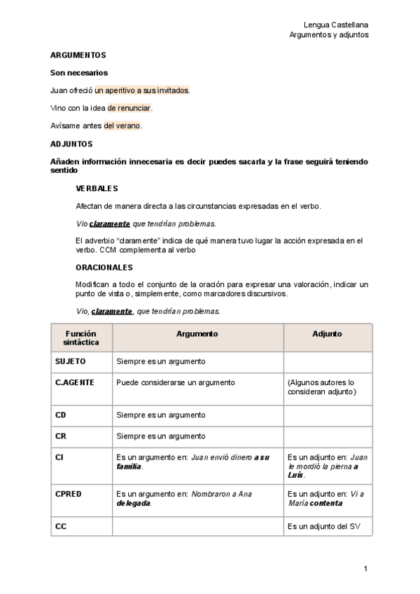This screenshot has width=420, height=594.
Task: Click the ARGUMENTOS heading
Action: (x=78, y=55)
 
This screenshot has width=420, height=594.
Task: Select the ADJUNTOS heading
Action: (x=71, y=144)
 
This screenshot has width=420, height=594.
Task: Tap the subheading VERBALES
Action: (x=97, y=188)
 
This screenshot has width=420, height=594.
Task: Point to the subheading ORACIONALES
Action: (x=104, y=267)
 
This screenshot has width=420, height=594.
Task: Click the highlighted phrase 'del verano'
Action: (x=122, y=126)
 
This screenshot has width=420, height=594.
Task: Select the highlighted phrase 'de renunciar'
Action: (x=129, y=108)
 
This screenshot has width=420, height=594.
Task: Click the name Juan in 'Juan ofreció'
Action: (x=59, y=90)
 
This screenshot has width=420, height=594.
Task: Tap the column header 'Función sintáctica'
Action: (x=81, y=338)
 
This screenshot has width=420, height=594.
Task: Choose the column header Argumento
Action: (x=197, y=334)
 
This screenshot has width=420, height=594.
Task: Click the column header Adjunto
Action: (x=327, y=334)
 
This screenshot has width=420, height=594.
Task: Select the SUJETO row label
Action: (x=70, y=361)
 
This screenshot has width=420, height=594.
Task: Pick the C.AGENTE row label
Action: (x=74, y=382)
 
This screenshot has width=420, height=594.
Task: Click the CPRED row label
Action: (x=69, y=494)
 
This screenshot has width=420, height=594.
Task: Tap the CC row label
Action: (x=61, y=526)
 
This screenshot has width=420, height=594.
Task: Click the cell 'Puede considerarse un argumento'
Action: (x=176, y=382)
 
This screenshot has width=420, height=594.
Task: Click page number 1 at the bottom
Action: (x=365, y=568)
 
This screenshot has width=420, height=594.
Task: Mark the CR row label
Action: (x=61, y=436)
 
